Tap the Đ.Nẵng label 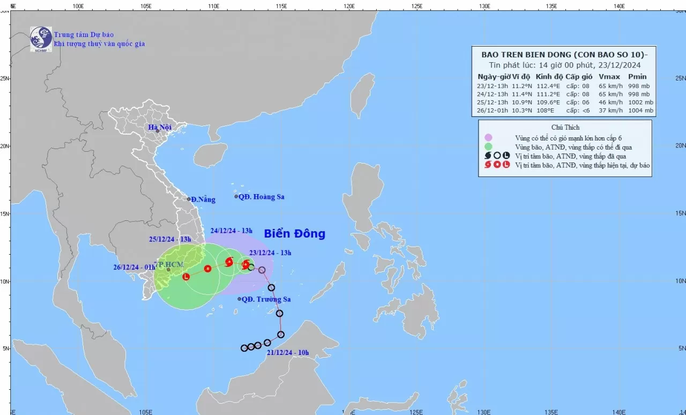point(203,199)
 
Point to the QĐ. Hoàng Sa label point(261,197)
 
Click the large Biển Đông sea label point(294,234)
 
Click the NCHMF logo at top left point(41,39)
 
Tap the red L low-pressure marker point(186,277)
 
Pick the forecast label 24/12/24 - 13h point(231,231)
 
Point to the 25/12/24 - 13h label point(170,239)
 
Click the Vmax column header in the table point(609,77)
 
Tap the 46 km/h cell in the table point(609,102)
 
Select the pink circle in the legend point(488,137)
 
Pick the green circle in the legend point(488,146)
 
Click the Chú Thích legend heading point(565,127)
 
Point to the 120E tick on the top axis point(349,5)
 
